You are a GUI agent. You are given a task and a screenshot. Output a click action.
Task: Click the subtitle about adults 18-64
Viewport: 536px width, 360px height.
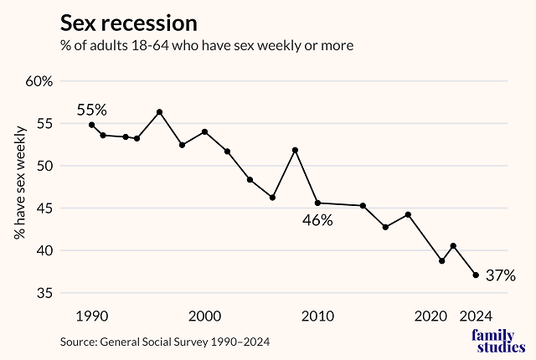[205, 45]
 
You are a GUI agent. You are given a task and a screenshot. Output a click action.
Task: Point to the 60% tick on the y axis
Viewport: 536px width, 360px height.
[39, 81]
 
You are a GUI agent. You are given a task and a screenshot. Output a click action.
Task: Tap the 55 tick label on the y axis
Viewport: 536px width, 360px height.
[44, 123]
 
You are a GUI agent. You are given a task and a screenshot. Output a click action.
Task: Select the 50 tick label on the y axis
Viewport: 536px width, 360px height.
[44, 166]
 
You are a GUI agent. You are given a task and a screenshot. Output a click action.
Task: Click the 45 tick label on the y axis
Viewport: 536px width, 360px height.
[44, 208]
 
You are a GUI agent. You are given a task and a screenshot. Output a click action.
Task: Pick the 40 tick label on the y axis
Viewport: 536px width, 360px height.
[44, 250]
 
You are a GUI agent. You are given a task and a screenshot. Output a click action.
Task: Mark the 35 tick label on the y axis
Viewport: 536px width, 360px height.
[44, 293]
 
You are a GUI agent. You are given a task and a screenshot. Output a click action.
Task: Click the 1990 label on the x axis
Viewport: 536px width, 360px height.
[91, 316]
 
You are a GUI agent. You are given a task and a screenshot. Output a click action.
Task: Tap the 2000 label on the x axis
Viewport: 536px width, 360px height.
[205, 316]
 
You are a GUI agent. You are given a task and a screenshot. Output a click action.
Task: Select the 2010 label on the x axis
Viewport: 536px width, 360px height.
[318, 316]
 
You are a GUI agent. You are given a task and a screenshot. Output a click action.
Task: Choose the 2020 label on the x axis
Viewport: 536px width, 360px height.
[430, 316]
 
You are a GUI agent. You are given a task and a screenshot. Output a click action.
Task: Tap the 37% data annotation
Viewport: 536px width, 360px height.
[500, 275]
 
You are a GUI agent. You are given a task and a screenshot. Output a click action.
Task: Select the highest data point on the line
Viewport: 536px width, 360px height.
[159, 112]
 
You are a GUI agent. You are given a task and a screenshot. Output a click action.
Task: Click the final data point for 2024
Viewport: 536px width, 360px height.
[476, 275]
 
